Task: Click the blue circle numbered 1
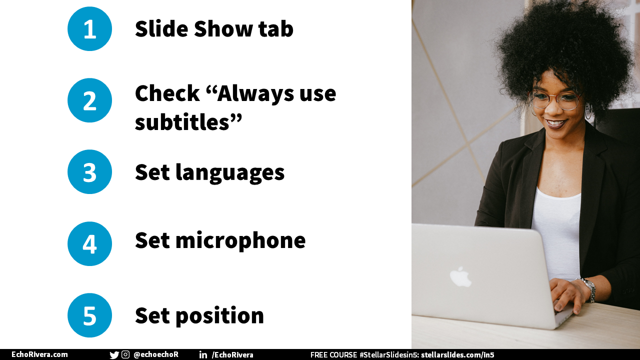coord(89,29)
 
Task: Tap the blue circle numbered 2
coord(89,100)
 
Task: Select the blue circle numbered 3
coord(89,172)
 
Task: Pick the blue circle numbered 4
coord(89,243)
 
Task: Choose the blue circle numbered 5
coord(89,315)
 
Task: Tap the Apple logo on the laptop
coord(460,276)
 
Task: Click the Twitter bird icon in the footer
coord(114,355)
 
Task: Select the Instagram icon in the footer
coord(125,354)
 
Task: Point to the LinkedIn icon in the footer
coord(203,354)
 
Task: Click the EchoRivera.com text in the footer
coord(39,354)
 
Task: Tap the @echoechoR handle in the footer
coord(156,354)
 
